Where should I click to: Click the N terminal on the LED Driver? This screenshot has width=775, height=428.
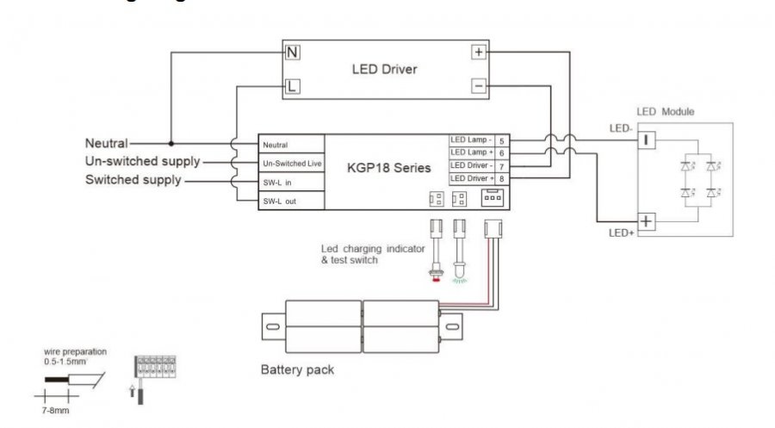pos(293,53)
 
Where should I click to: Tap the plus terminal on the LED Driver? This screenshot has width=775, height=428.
pos(479,53)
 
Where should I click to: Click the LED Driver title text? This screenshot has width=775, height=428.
pos(384,69)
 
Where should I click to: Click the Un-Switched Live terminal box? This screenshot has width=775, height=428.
pos(292,163)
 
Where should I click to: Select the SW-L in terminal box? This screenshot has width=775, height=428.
pos(292,182)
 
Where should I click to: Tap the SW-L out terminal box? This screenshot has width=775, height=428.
pos(292,201)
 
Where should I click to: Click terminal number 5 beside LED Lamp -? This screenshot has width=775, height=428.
pos(501,140)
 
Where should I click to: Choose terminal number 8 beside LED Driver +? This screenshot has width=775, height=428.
pos(501,178)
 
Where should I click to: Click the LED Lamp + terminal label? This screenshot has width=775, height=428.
pos(471,152)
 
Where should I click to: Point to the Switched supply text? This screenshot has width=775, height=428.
pos(133,180)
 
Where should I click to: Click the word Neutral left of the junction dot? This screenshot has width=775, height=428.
pos(106,143)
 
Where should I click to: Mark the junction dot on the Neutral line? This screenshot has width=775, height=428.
pos(170,143)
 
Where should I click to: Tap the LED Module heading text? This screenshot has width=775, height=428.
pos(665,112)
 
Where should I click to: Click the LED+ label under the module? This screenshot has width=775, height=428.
pos(622,233)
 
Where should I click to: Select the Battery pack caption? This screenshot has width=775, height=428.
pos(297,370)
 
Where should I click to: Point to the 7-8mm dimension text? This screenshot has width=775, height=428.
pos(57,412)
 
